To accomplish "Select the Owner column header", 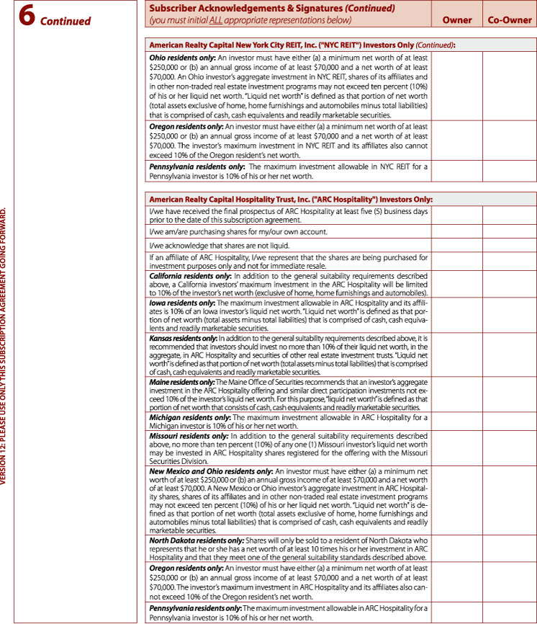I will click(456, 20).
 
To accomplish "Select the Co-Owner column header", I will click(510, 20).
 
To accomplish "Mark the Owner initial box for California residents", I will click(456, 285).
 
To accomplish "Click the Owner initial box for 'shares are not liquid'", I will click(456, 245).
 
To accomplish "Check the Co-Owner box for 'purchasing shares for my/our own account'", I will click(510, 231).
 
